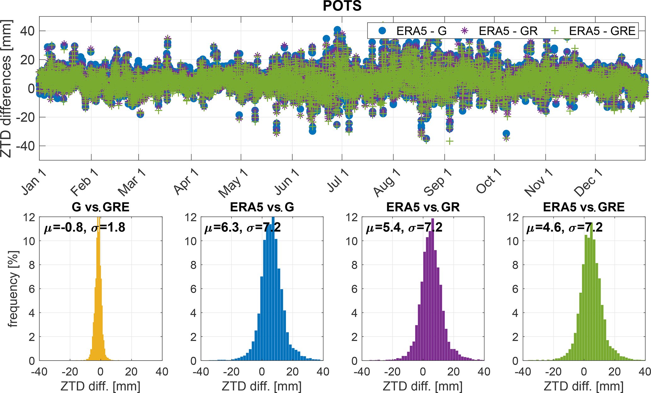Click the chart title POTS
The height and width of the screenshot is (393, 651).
click(x=342, y=6)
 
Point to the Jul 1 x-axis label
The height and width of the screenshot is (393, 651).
click(x=338, y=180)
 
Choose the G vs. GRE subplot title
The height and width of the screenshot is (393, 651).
click(x=100, y=207)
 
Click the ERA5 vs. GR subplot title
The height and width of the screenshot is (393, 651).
click(x=423, y=207)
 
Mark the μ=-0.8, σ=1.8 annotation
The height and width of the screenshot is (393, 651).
click(x=84, y=227)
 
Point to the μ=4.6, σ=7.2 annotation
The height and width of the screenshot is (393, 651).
click(x=564, y=227)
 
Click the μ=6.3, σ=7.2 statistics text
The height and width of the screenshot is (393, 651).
click(x=243, y=227)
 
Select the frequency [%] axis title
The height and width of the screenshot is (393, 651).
click(x=13, y=289)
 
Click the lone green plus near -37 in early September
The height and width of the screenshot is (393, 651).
click(x=450, y=141)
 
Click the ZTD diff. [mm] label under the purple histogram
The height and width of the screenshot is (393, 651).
click(x=423, y=386)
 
